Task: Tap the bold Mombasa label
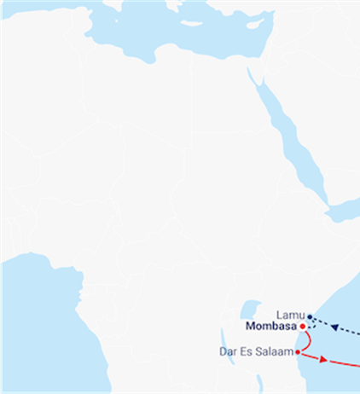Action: pyautogui.click(x=270, y=327)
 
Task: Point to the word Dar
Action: pyautogui.click(x=228, y=351)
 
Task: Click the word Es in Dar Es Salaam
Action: pyautogui.click(x=247, y=351)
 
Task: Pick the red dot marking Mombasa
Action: pyautogui.click(x=303, y=326)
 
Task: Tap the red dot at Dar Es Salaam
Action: pyautogui.click(x=298, y=351)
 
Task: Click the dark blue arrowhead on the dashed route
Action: pyautogui.click(x=336, y=327)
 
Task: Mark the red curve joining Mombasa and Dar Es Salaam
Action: pyautogui.click(x=306, y=339)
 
